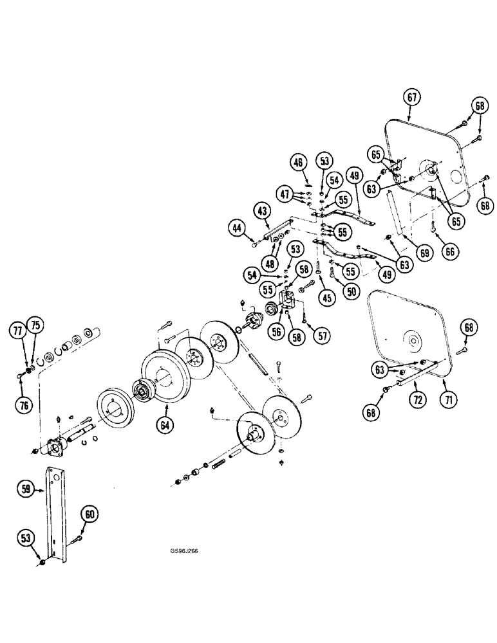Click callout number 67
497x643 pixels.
pyautogui.click(x=413, y=98)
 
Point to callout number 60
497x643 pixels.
pyautogui.click(x=89, y=512)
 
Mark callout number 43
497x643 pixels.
pyautogui.click(x=261, y=210)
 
